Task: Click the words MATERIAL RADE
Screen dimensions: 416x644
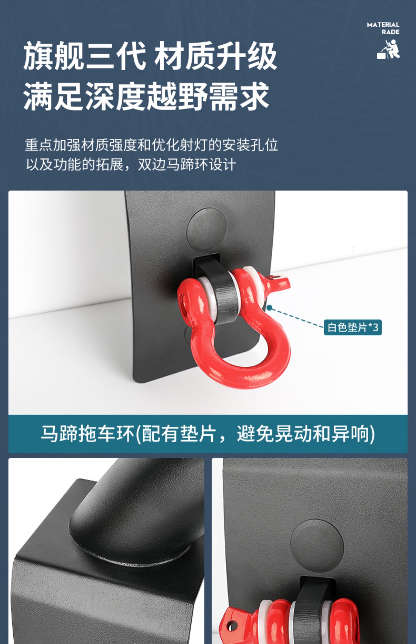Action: (x=383, y=28)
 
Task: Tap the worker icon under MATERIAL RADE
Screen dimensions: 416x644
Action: (x=388, y=49)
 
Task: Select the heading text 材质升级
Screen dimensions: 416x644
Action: (x=215, y=55)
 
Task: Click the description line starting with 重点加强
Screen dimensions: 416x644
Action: (x=151, y=145)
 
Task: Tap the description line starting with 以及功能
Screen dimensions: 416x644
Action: (x=131, y=164)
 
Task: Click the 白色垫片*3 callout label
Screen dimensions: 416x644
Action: (x=352, y=327)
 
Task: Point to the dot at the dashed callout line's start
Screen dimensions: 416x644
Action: (x=269, y=308)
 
